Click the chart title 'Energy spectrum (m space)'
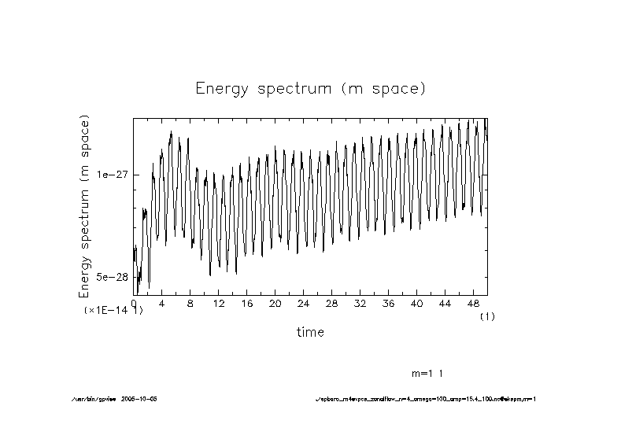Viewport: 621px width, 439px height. click(x=310, y=88)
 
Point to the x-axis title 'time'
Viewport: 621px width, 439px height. click(x=310, y=332)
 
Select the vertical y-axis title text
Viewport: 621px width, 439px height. click(x=85, y=206)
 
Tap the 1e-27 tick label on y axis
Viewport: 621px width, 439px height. click(x=112, y=175)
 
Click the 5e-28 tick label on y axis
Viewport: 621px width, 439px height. click(x=112, y=277)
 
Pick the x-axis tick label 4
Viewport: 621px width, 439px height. click(x=162, y=304)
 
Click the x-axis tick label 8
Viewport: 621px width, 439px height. click(x=190, y=304)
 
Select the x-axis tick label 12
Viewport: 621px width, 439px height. click(x=219, y=304)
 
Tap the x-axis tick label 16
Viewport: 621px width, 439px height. click(x=247, y=304)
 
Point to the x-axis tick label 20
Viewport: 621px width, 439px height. click(x=275, y=304)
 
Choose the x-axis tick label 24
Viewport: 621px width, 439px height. click(x=304, y=304)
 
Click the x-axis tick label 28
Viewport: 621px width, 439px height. click(x=332, y=304)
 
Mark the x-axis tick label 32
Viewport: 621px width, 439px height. click(x=360, y=304)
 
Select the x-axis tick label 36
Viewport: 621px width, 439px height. click(x=389, y=304)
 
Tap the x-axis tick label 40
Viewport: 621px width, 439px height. click(x=417, y=304)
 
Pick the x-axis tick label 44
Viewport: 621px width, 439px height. click(x=445, y=304)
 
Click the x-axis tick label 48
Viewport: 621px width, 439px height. click(x=474, y=304)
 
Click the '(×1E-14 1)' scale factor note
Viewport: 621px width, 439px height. click(x=113, y=312)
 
